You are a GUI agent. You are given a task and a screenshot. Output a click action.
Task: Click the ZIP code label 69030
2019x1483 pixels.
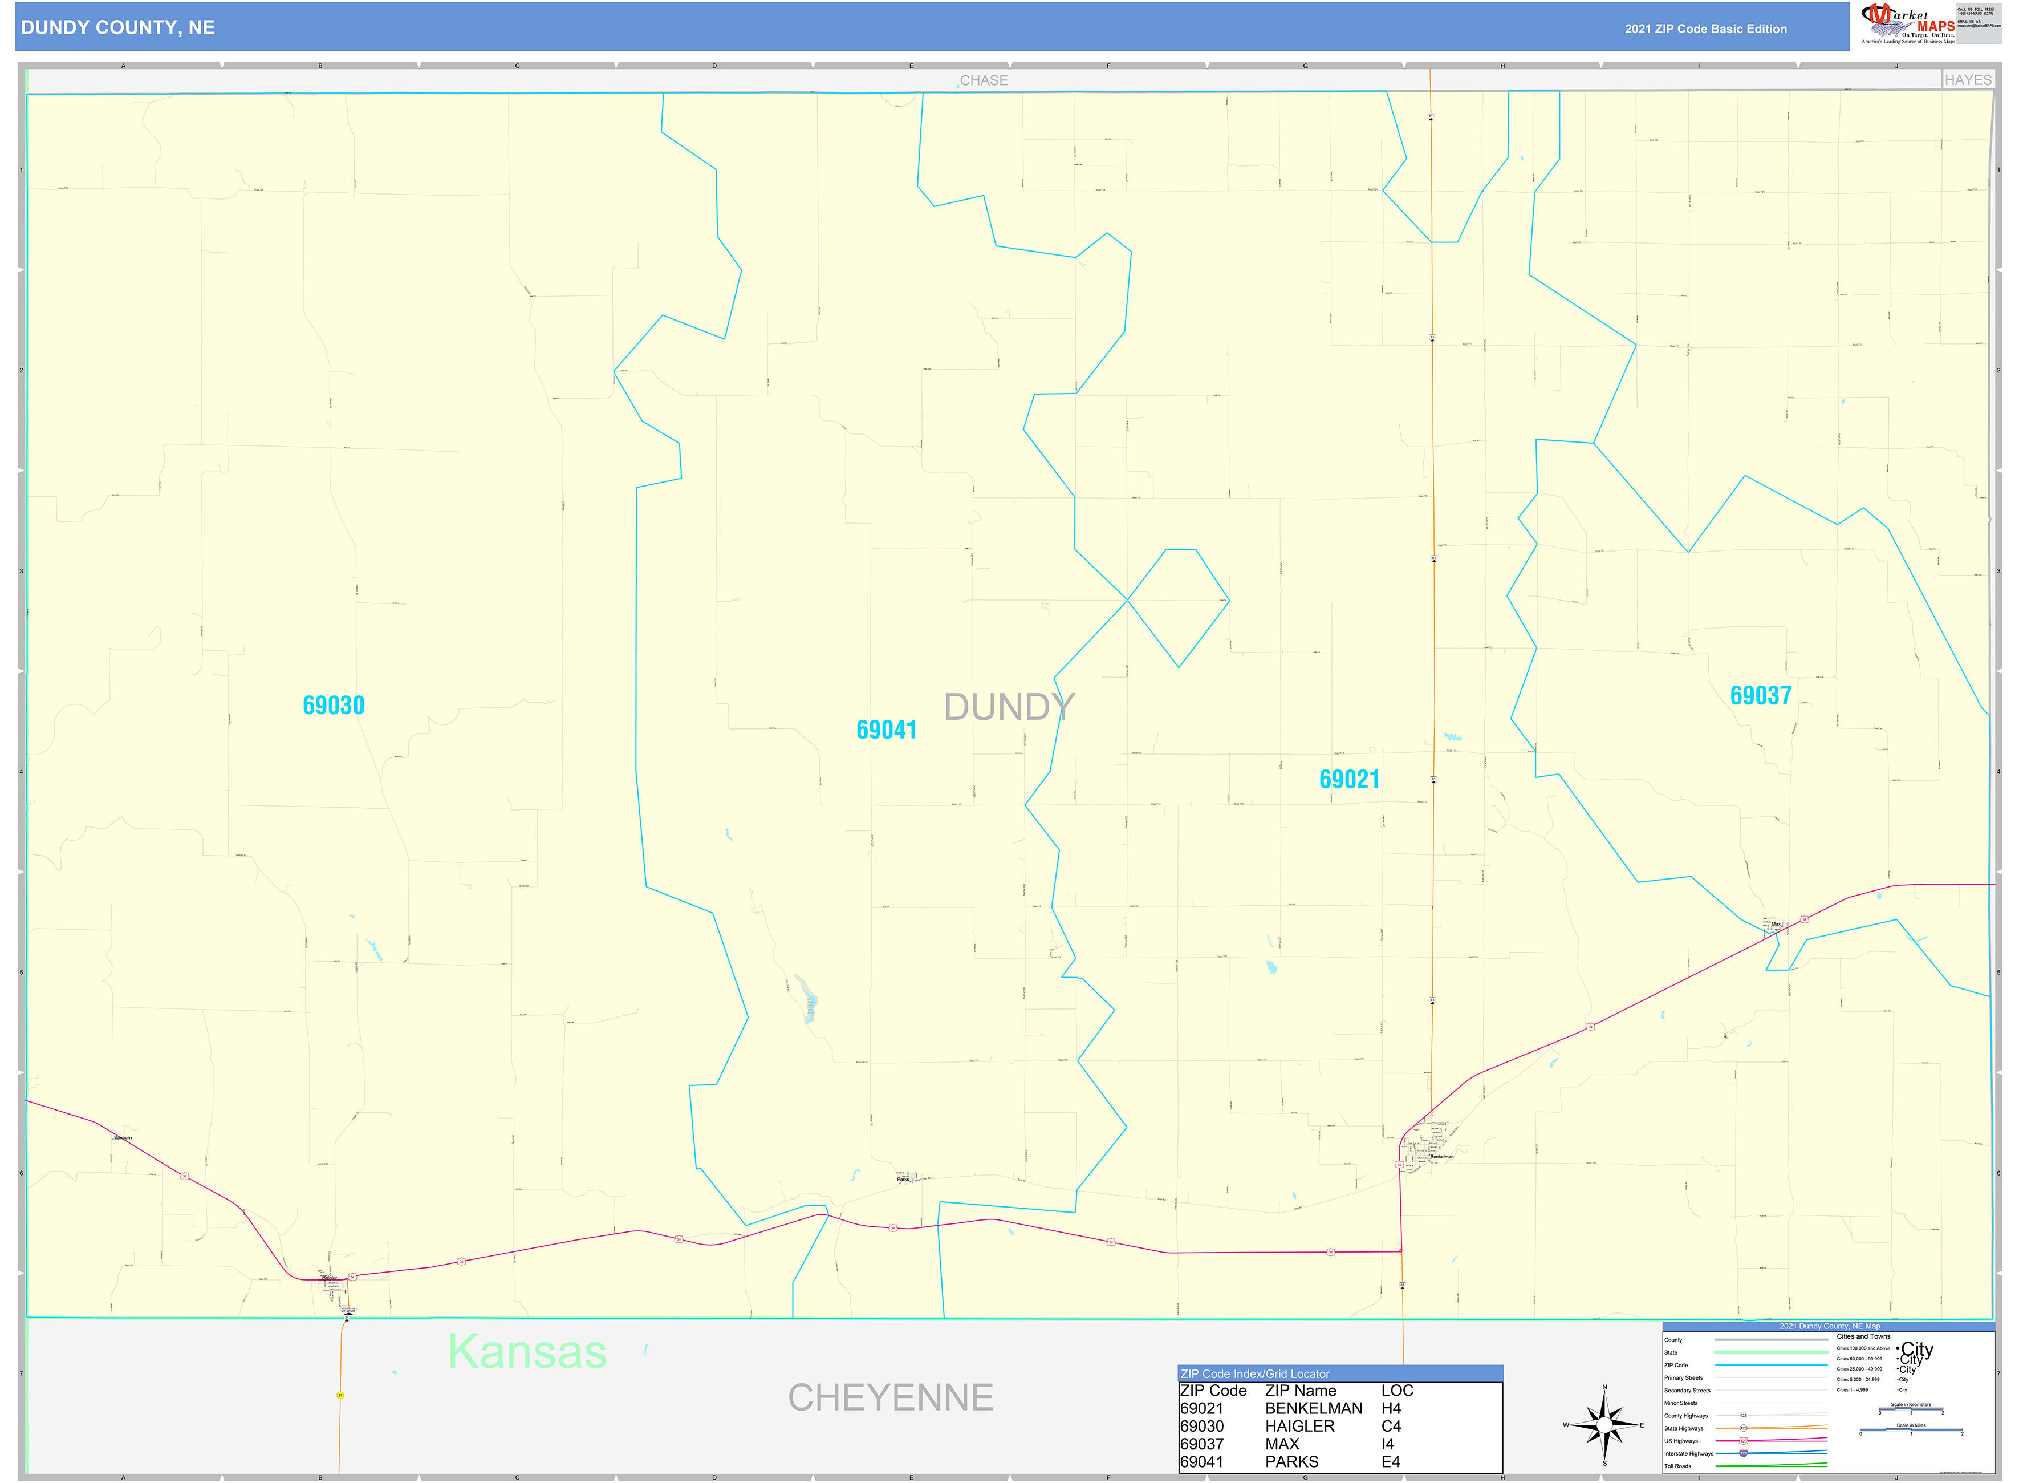tap(334, 706)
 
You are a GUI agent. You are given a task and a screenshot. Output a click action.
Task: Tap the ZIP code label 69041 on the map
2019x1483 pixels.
tap(887, 730)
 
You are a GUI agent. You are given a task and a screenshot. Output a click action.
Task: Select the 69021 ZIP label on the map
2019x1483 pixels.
tap(1350, 779)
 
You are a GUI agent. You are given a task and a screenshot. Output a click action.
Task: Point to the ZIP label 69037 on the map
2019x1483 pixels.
tap(1761, 696)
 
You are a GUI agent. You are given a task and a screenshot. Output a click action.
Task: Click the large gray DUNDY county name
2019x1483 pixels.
tap(1009, 707)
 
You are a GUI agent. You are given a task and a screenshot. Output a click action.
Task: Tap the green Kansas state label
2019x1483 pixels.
tap(527, 1352)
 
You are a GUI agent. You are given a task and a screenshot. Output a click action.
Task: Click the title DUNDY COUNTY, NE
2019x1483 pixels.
tap(119, 28)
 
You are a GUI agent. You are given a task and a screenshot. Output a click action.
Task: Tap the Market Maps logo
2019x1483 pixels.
tap(1908, 23)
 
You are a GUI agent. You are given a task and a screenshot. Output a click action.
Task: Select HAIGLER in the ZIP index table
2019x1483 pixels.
tap(1299, 1427)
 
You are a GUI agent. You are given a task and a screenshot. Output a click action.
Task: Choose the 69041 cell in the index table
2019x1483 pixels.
tap(1201, 1462)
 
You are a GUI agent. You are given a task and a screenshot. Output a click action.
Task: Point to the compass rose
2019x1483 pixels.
tap(1604, 1425)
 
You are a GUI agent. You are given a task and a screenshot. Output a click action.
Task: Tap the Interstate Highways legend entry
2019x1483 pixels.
tap(1689, 1453)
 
